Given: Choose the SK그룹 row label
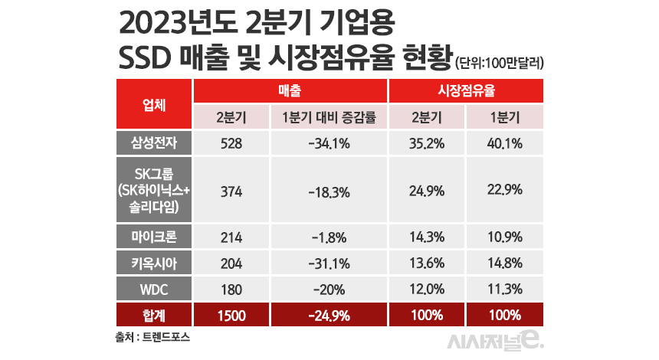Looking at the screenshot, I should coord(154,189).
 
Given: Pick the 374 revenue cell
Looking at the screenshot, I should coord(231,189).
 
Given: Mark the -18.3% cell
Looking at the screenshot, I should coord(329,189).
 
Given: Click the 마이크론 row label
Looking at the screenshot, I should coord(154,236).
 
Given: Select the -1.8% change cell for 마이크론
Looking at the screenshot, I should coord(329,236).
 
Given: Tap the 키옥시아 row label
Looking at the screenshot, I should coord(154,262).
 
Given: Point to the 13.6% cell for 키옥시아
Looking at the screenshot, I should coord(427,262).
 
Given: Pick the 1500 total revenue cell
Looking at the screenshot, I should coord(231,315).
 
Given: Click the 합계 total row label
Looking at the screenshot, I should coord(154,315).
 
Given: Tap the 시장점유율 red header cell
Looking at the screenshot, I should coord(466,90).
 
